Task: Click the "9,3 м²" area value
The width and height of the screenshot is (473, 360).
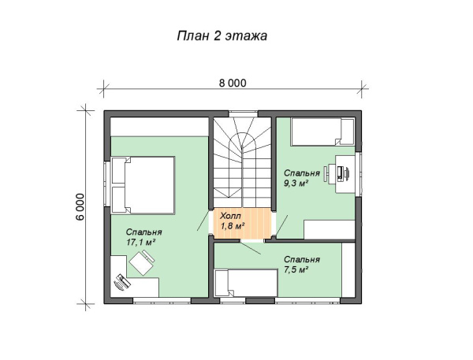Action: click(296, 182)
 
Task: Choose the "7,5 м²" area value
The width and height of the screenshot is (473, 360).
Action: click(296, 269)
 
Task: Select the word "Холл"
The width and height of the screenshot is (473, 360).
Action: click(229, 215)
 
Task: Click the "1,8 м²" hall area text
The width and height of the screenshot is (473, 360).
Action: click(232, 226)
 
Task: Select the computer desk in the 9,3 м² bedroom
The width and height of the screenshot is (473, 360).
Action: click(345, 173)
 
